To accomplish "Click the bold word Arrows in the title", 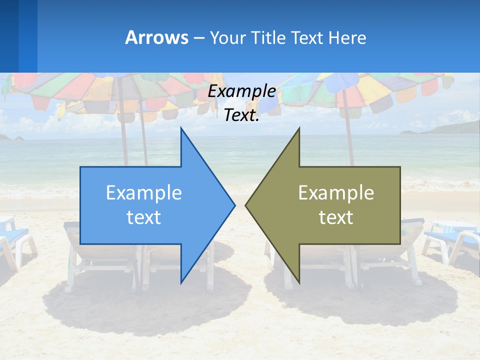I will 156,37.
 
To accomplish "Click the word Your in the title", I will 226,37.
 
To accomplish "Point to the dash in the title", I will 198,38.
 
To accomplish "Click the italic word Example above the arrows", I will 241,91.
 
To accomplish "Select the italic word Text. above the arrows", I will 241,115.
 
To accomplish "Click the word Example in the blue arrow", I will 144,193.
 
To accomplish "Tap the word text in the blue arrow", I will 144,217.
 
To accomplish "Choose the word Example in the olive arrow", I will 336,193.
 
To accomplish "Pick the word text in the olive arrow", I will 336,217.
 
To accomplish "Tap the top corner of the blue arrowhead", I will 181,129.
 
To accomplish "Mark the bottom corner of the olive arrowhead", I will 299,282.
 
